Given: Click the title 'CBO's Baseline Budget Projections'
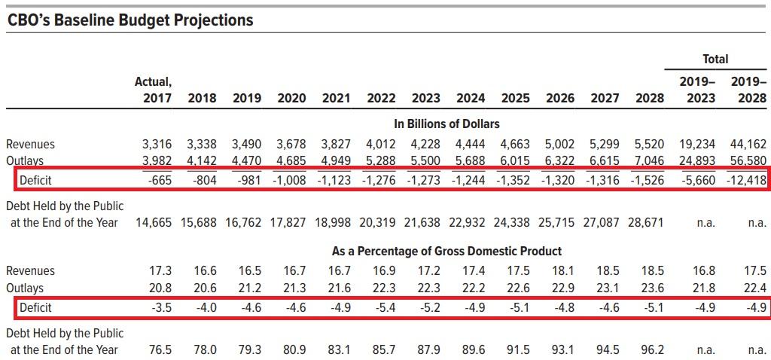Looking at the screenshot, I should click(x=130, y=20).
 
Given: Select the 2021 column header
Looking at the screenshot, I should click(x=336, y=98).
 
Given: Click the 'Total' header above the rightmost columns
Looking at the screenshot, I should click(x=715, y=59).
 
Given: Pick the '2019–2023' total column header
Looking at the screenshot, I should click(x=698, y=90).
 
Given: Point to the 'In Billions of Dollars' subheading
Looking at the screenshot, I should click(x=446, y=123).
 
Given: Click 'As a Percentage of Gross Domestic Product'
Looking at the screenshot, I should click(x=446, y=251).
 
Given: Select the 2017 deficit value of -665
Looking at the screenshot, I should click(x=157, y=180).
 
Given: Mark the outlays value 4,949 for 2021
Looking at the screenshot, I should click(x=336, y=160).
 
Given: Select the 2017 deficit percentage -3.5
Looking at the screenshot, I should click(x=160, y=307).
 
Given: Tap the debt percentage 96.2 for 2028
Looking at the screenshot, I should click(x=651, y=349).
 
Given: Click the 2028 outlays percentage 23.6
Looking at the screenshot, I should click(x=651, y=288).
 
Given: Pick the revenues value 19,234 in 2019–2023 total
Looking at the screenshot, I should click(x=695, y=144).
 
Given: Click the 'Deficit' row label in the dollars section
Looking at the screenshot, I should click(x=35, y=180).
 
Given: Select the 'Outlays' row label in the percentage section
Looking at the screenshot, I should click(x=25, y=288).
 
